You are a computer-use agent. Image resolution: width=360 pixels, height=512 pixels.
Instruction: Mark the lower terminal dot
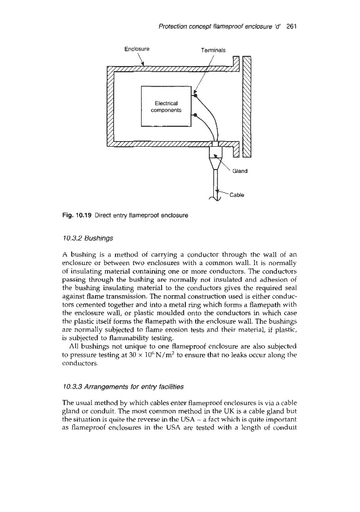pyautogui.click(x=196, y=115)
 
